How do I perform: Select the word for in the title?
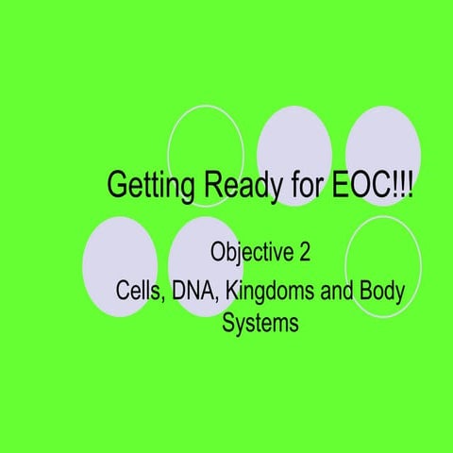[297, 185]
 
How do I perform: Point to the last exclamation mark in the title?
[410, 185]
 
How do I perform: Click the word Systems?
[260, 323]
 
